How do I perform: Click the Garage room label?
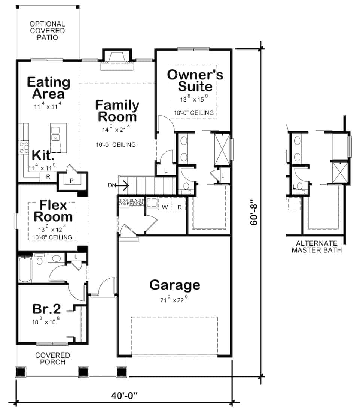pos(174,285)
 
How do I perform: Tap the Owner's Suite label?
pos(195,80)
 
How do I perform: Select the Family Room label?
pos(117,110)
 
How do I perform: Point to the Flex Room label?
pos(53,211)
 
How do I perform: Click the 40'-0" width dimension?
pos(124,396)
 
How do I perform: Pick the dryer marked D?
pos(180,206)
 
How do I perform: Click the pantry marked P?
pos(72,181)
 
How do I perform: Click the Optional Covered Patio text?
pos(47,31)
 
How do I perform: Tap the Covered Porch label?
pos(52,358)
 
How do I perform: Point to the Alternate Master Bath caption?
pos(316,246)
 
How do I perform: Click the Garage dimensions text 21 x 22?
pos(174,299)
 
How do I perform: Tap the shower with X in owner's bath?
pos(222,149)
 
